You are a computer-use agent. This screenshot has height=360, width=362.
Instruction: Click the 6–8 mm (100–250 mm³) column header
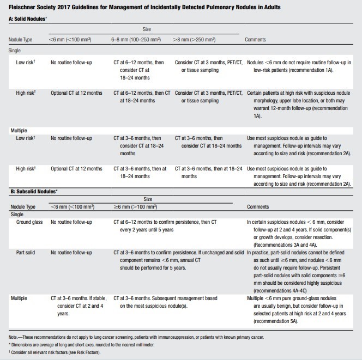(x=138, y=40)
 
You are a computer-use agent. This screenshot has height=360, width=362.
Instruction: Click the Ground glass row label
(x=31, y=222)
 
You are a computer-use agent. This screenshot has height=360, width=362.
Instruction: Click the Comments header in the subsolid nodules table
(x=258, y=207)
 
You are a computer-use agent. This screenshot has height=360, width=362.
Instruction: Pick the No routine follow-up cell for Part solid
(x=71, y=253)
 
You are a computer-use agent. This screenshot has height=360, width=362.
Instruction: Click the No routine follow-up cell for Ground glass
(x=71, y=222)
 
